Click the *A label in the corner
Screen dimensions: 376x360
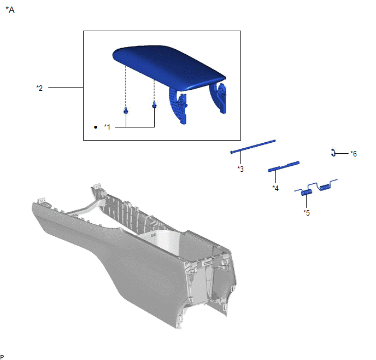(x=10, y=10)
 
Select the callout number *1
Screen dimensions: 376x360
(x=107, y=127)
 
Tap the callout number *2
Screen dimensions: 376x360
(x=39, y=88)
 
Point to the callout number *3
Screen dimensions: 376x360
(x=240, y=169)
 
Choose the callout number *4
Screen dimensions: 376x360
(x=275, y=188)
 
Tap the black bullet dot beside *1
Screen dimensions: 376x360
(x=96, y=127)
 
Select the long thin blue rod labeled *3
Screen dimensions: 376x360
(x=252, y=146)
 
